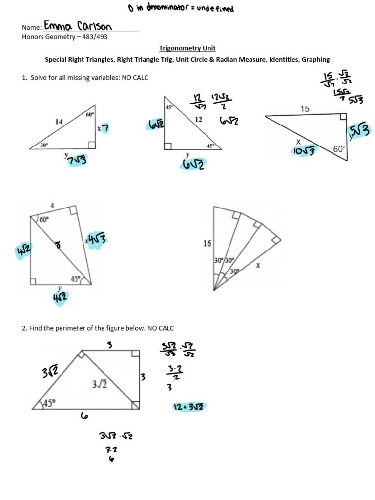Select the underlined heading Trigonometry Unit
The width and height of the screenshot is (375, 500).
point(187,48)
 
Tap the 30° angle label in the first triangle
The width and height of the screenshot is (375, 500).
point(44,145)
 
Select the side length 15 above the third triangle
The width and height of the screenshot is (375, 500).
point(305,109)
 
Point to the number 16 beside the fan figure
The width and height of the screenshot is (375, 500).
point(208,243)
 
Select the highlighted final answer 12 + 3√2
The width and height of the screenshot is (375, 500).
point(189,406)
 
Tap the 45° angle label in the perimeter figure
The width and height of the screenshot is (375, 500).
point(50,403)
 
